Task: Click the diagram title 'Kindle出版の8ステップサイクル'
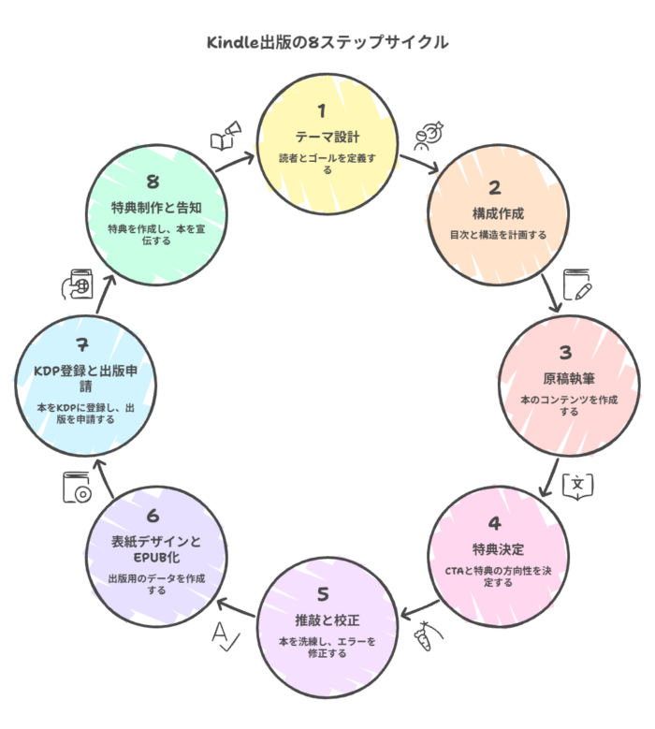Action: pos(327,43)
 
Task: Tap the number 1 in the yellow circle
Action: pos(321,111)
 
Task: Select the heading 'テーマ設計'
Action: pos(321,137)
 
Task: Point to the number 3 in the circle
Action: pos(564,353)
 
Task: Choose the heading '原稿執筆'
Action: pos(564,378)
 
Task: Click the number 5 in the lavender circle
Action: pos(323,593)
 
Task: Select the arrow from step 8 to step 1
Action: pos(234,161)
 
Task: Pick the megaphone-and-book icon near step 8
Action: pos(225,136)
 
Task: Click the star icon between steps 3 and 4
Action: pos(576,484)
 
